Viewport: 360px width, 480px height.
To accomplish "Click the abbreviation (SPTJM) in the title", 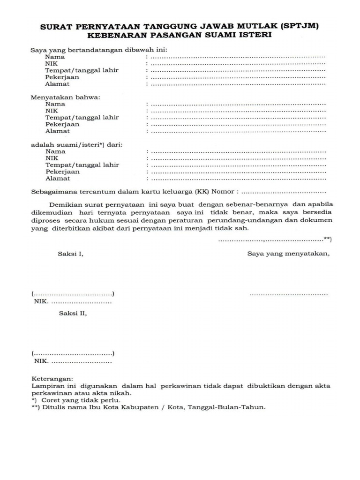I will click(299, 27).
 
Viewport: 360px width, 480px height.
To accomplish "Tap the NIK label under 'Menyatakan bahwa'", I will click(52, 111).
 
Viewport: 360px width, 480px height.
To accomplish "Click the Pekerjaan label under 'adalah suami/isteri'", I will click(62, 172).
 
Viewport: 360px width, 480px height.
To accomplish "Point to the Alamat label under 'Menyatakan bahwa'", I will click(57, 131).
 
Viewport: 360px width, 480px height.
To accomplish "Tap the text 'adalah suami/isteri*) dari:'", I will click(77, 145).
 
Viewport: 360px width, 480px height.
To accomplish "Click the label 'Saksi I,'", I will click(70, 254).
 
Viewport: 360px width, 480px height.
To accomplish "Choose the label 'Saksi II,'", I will click(73, 314).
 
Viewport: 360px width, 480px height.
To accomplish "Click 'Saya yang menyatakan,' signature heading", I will click(289, 254).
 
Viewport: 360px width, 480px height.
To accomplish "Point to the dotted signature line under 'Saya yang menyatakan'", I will click(289, 294).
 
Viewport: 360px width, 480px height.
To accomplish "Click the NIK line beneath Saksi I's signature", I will click(73, 302).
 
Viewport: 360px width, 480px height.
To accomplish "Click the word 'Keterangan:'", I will click(52, 378).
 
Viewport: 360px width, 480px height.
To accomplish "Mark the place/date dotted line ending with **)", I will click(274, 240).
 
